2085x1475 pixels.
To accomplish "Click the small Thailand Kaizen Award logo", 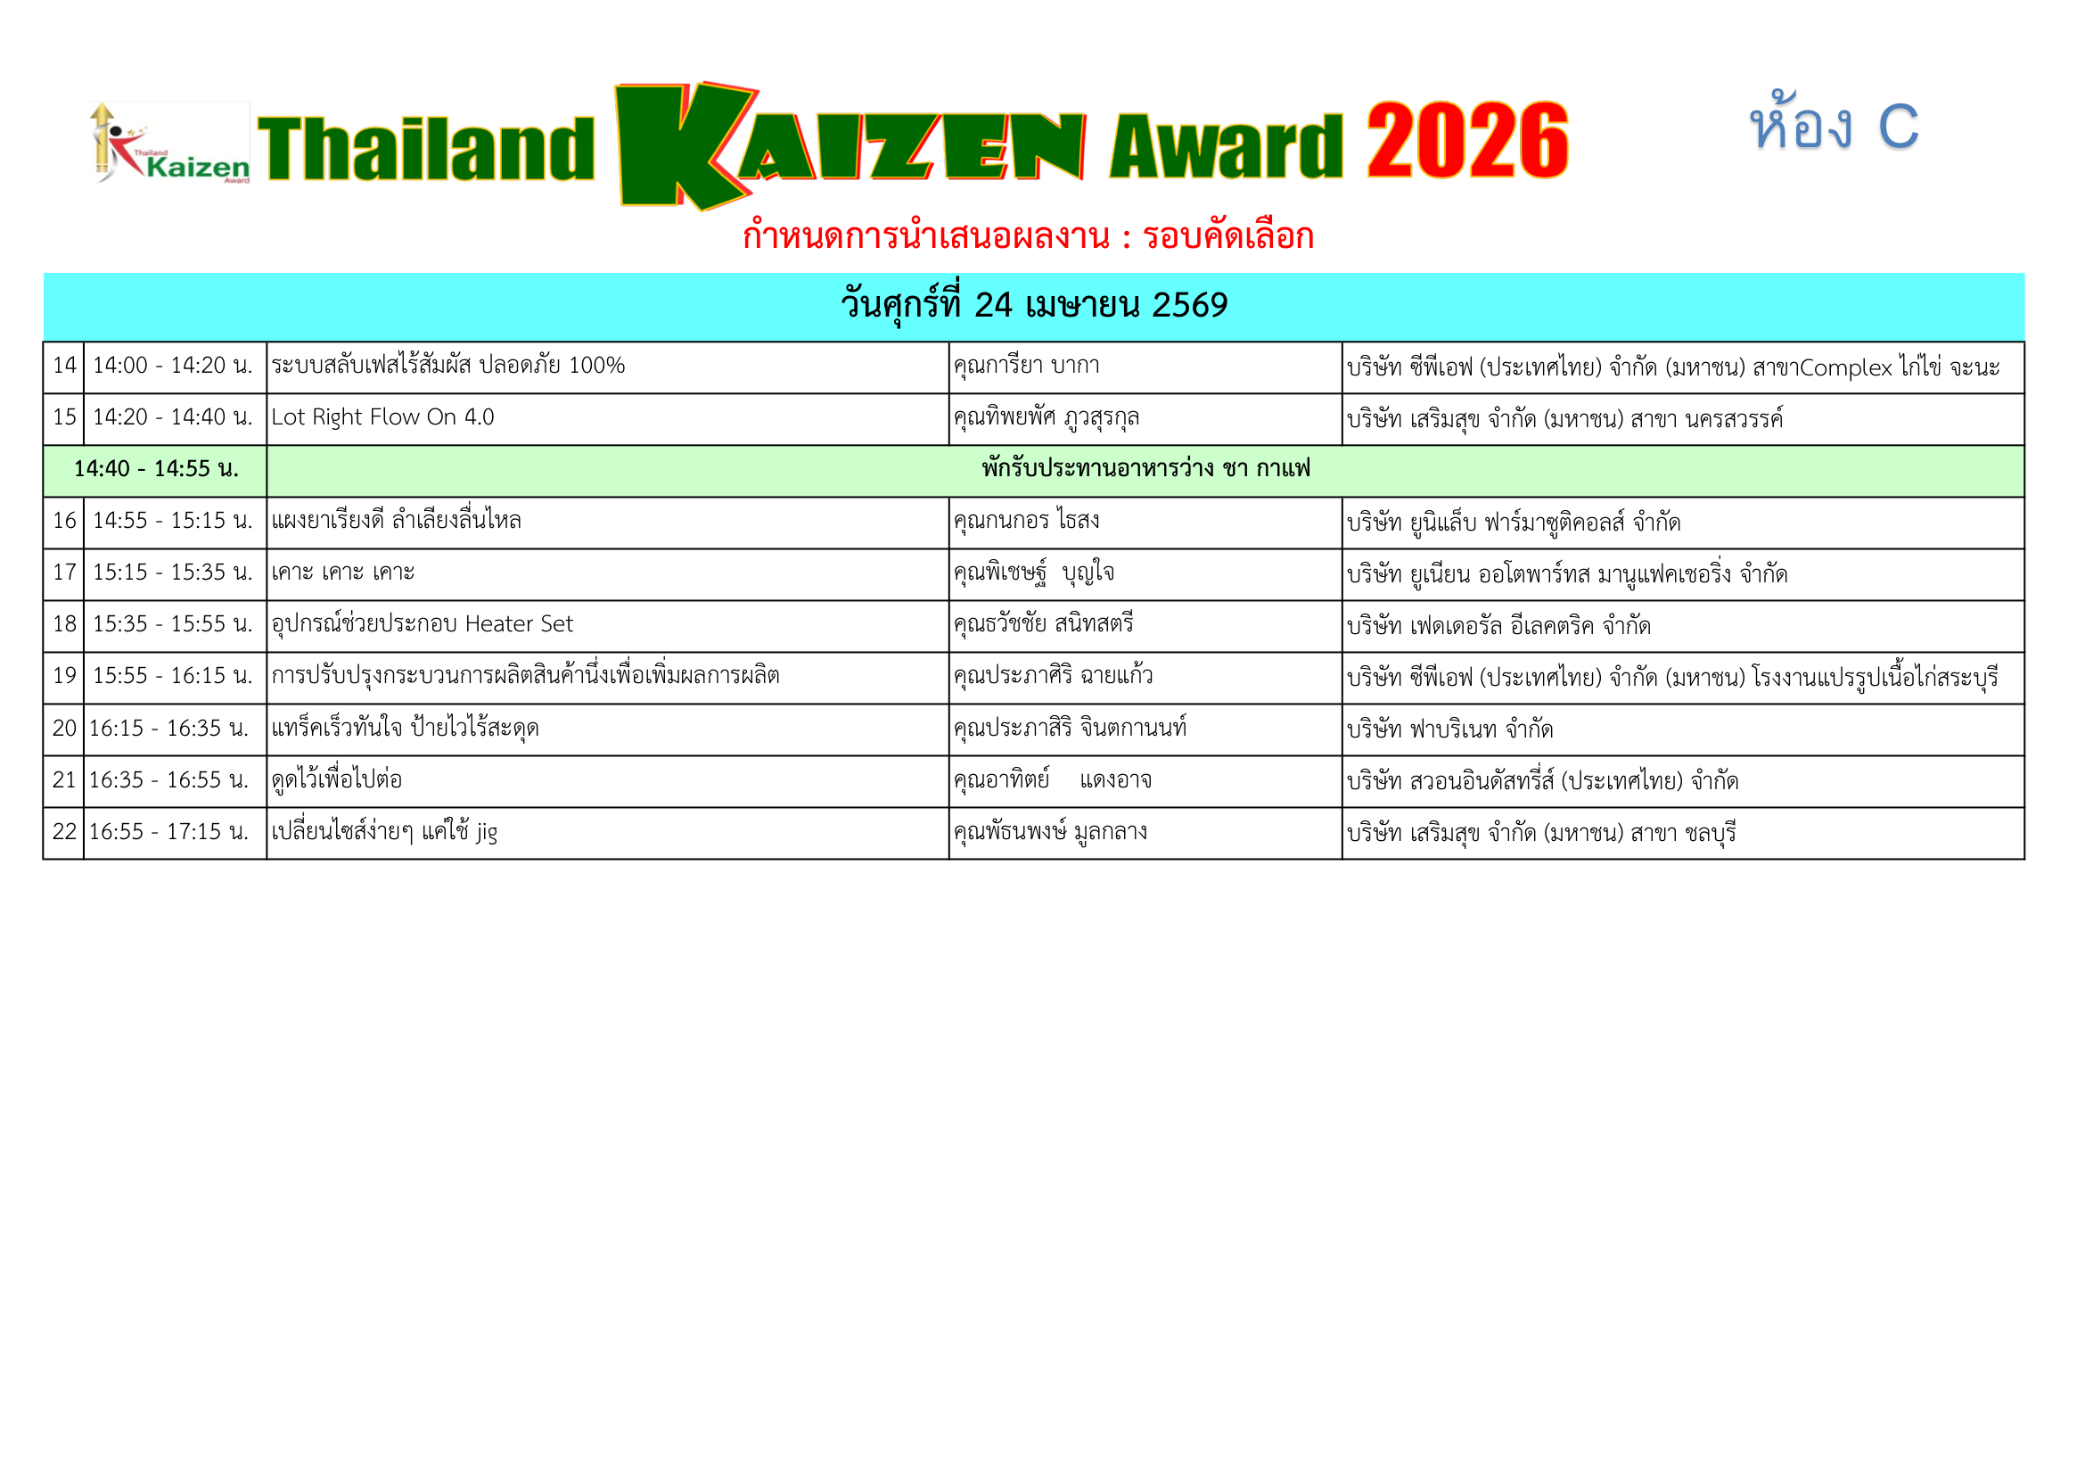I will (x=171, y=144).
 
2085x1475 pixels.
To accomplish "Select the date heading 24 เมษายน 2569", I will (x=1033, y=305).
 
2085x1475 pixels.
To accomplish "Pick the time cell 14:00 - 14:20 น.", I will (x=173, y=366).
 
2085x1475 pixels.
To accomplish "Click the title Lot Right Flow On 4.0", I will (x=382, y=417).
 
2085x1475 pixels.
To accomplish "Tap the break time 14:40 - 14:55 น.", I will (x=156, y=470).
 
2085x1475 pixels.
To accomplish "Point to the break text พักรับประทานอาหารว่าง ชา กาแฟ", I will (x=1145, y=470).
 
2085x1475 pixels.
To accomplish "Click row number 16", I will (x=64, y=522).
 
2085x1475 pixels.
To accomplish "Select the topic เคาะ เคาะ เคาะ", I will (x=343, y=573).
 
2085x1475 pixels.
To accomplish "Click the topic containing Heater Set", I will (x=423, y=625).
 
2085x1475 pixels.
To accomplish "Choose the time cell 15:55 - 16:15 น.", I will (x=173, y=677).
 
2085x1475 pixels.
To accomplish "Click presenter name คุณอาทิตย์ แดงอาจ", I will (x=1052, y=780).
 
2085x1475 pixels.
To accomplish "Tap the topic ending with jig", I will (x=384, y=832).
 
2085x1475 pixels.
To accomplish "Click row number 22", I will (x=64, y=832).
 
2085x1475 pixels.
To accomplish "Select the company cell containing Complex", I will (x=1672, y=367).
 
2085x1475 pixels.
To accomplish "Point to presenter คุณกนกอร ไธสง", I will (x=1026, y=522).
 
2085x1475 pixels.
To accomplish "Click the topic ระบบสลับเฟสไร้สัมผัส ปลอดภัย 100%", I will (x=447, y=366).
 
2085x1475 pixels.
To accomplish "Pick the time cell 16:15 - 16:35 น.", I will (x=168, y=729).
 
